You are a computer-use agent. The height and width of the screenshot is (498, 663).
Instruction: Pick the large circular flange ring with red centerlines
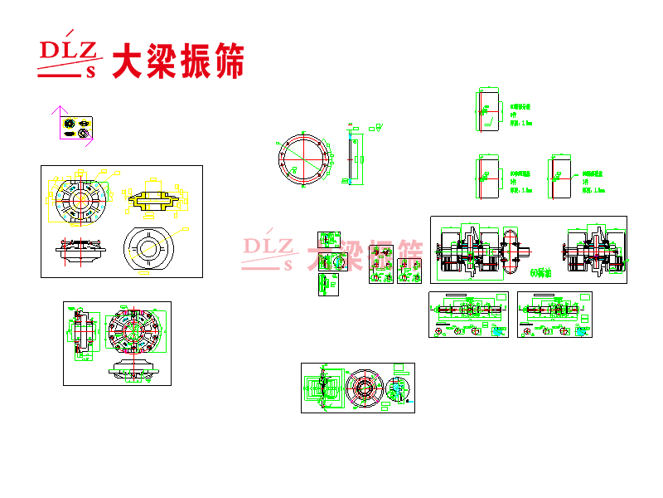click(303, 159)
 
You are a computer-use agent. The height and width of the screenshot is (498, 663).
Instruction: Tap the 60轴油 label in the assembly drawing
click(540, 272)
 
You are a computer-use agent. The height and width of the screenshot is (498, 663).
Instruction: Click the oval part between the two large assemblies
click(511, 250)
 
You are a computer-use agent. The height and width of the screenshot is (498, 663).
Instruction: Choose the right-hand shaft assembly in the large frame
click(593, 248)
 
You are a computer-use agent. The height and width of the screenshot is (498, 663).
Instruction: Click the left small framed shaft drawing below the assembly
click(468, 314)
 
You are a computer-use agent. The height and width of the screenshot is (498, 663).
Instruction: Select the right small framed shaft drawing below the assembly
click(554, 314)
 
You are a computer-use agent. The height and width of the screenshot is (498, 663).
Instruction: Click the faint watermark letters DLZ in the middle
click(267, 247)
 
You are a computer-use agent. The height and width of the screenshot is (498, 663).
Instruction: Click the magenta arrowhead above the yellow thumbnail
click(58, 109)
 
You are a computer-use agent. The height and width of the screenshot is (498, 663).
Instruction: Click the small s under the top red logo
click(92, 71)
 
